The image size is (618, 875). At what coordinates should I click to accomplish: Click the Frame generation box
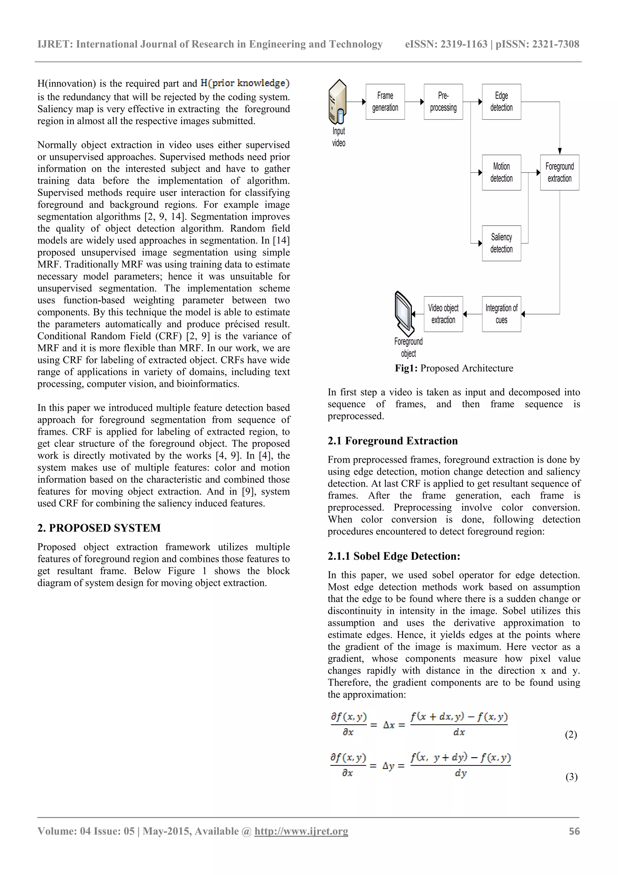pyautogui.click(x=385, y=102)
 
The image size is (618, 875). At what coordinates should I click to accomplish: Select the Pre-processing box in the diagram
pyautogui.click(x=443, y=102)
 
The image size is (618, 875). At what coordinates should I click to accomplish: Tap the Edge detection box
pyautogui.click(x=501, y=102)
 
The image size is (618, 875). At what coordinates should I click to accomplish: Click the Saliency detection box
pyautogui.click(x=501, y=243)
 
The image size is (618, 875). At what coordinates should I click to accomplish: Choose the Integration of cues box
pyautogui.click(x=501, y=314)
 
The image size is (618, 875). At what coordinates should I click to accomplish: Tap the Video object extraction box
pyautogui.click(x=443, y=314)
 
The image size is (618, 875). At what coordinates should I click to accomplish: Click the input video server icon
pyautogui.click(x=338, y=102)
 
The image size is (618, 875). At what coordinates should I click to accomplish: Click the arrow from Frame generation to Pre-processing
pyautogui.click(x=414, y=102)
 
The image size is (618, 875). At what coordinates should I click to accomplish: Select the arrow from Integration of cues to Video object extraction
pyautogui.click(x=472, y=314)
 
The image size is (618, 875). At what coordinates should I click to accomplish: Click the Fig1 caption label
pyautogui.click(x=406, y=368)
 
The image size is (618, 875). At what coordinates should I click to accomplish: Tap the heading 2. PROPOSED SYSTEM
pyautogui.click(x=99, y=528)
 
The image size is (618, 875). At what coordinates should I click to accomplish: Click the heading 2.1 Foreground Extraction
pyautogui.click(x=393, y=441)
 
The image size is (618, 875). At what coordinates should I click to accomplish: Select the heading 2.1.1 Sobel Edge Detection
pyautogui.click(x=394, y=556)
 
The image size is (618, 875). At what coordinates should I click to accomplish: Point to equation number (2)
pyautogui.click(x=570, y=734)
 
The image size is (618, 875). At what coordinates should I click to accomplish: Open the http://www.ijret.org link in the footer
pyautogui.click(x=301, y=831)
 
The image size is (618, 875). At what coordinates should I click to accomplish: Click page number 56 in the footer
pyautogui.click(x=574, y=831)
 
